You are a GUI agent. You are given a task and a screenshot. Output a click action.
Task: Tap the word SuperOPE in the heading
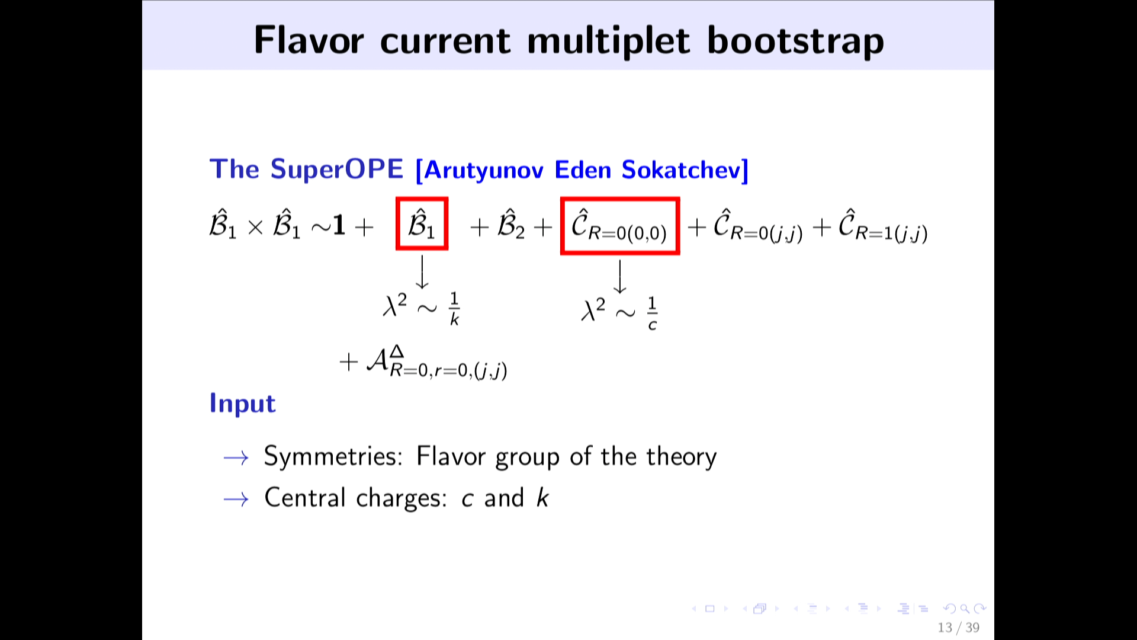[337, 169]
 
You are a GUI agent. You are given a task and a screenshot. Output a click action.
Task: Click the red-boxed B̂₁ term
[422, 223]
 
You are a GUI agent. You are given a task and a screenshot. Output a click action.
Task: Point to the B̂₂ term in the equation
[511, 224]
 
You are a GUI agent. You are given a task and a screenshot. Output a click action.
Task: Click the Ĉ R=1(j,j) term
[882, 226]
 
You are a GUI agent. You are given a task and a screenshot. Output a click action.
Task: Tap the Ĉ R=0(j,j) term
[757, 226]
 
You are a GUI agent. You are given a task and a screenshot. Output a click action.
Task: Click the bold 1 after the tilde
[339, 225]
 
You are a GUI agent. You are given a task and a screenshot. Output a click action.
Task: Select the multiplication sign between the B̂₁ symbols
[255, 228]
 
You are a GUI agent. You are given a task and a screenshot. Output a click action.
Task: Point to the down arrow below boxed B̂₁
[422, 272]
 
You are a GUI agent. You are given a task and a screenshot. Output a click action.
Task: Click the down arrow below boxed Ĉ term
[619, 277]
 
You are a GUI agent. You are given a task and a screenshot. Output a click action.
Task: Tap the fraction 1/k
[454, 309]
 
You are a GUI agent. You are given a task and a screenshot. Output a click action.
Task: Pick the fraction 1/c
[652, 313]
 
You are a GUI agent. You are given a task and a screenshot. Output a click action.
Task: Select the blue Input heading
[243, 404]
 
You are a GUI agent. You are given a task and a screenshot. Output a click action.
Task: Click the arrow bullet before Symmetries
[236, 457]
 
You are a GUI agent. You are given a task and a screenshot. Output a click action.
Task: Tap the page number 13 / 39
[958, 628]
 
